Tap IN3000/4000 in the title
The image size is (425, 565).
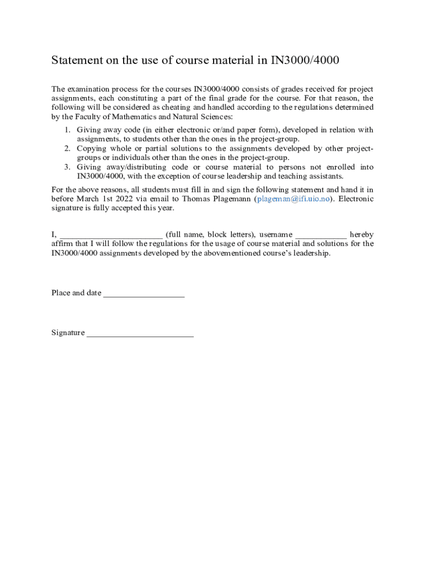click(304, 60)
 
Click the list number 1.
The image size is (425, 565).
click(66, 130)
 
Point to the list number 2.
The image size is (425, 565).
click(66, 148)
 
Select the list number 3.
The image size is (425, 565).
click(66, 167)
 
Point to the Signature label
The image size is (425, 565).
click(68, 333)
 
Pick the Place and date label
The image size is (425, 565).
click(76, 293)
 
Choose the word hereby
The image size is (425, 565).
click(362, 234)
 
